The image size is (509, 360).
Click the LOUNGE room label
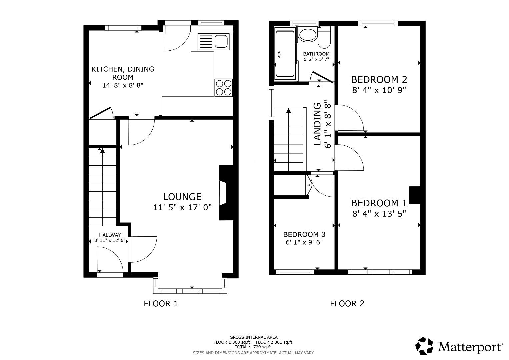click(x=182, y=197)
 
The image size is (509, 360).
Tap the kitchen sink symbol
click(x=213, y=42)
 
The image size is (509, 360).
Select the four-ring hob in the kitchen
click(x=223, y=88)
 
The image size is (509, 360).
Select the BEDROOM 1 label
click(x=379, y=203)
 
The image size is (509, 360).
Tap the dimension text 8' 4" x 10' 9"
click(x=379, y=90)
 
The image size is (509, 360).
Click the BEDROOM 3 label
click(x=304, y=234)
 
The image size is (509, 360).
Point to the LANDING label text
click(x=318, y=124)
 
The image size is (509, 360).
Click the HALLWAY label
click(x=110, y=235)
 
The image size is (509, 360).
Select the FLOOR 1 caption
click(x=161, y=304)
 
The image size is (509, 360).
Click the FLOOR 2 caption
click(x=347, y=304)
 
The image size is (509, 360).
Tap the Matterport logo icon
click(x=424, y=346)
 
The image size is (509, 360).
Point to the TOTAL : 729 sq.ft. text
click(x=253, y=347)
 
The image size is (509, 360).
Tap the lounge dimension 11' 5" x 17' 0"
click(x=182, y=208)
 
